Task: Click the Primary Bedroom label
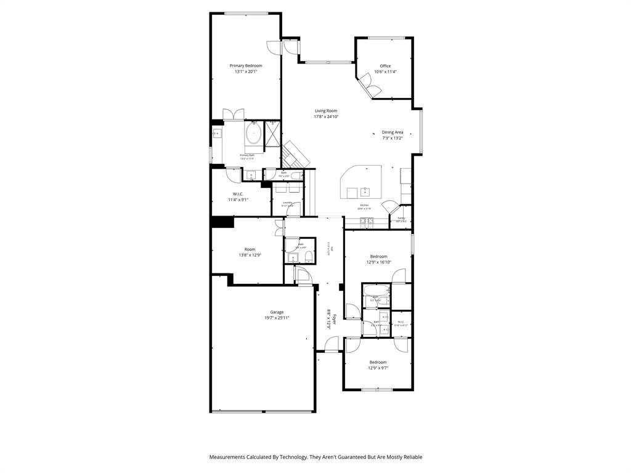click(246, 66)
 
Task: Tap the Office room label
click(385, 66)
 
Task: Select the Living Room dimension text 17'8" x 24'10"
click(326, 116)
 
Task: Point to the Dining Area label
click(393, 132)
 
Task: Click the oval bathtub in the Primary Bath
click(254, 134)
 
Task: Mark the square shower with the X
click(272, 134)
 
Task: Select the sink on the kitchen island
click(365, 192)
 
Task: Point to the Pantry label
click(401, 217)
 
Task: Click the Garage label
click(277, 312)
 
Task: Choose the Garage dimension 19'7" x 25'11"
click(277, 318)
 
